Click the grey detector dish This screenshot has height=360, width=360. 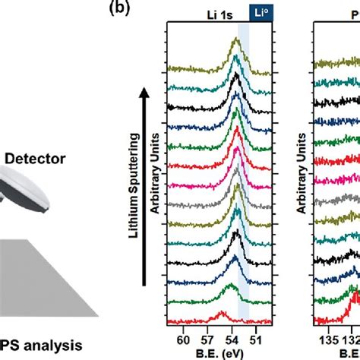point(23,194)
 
